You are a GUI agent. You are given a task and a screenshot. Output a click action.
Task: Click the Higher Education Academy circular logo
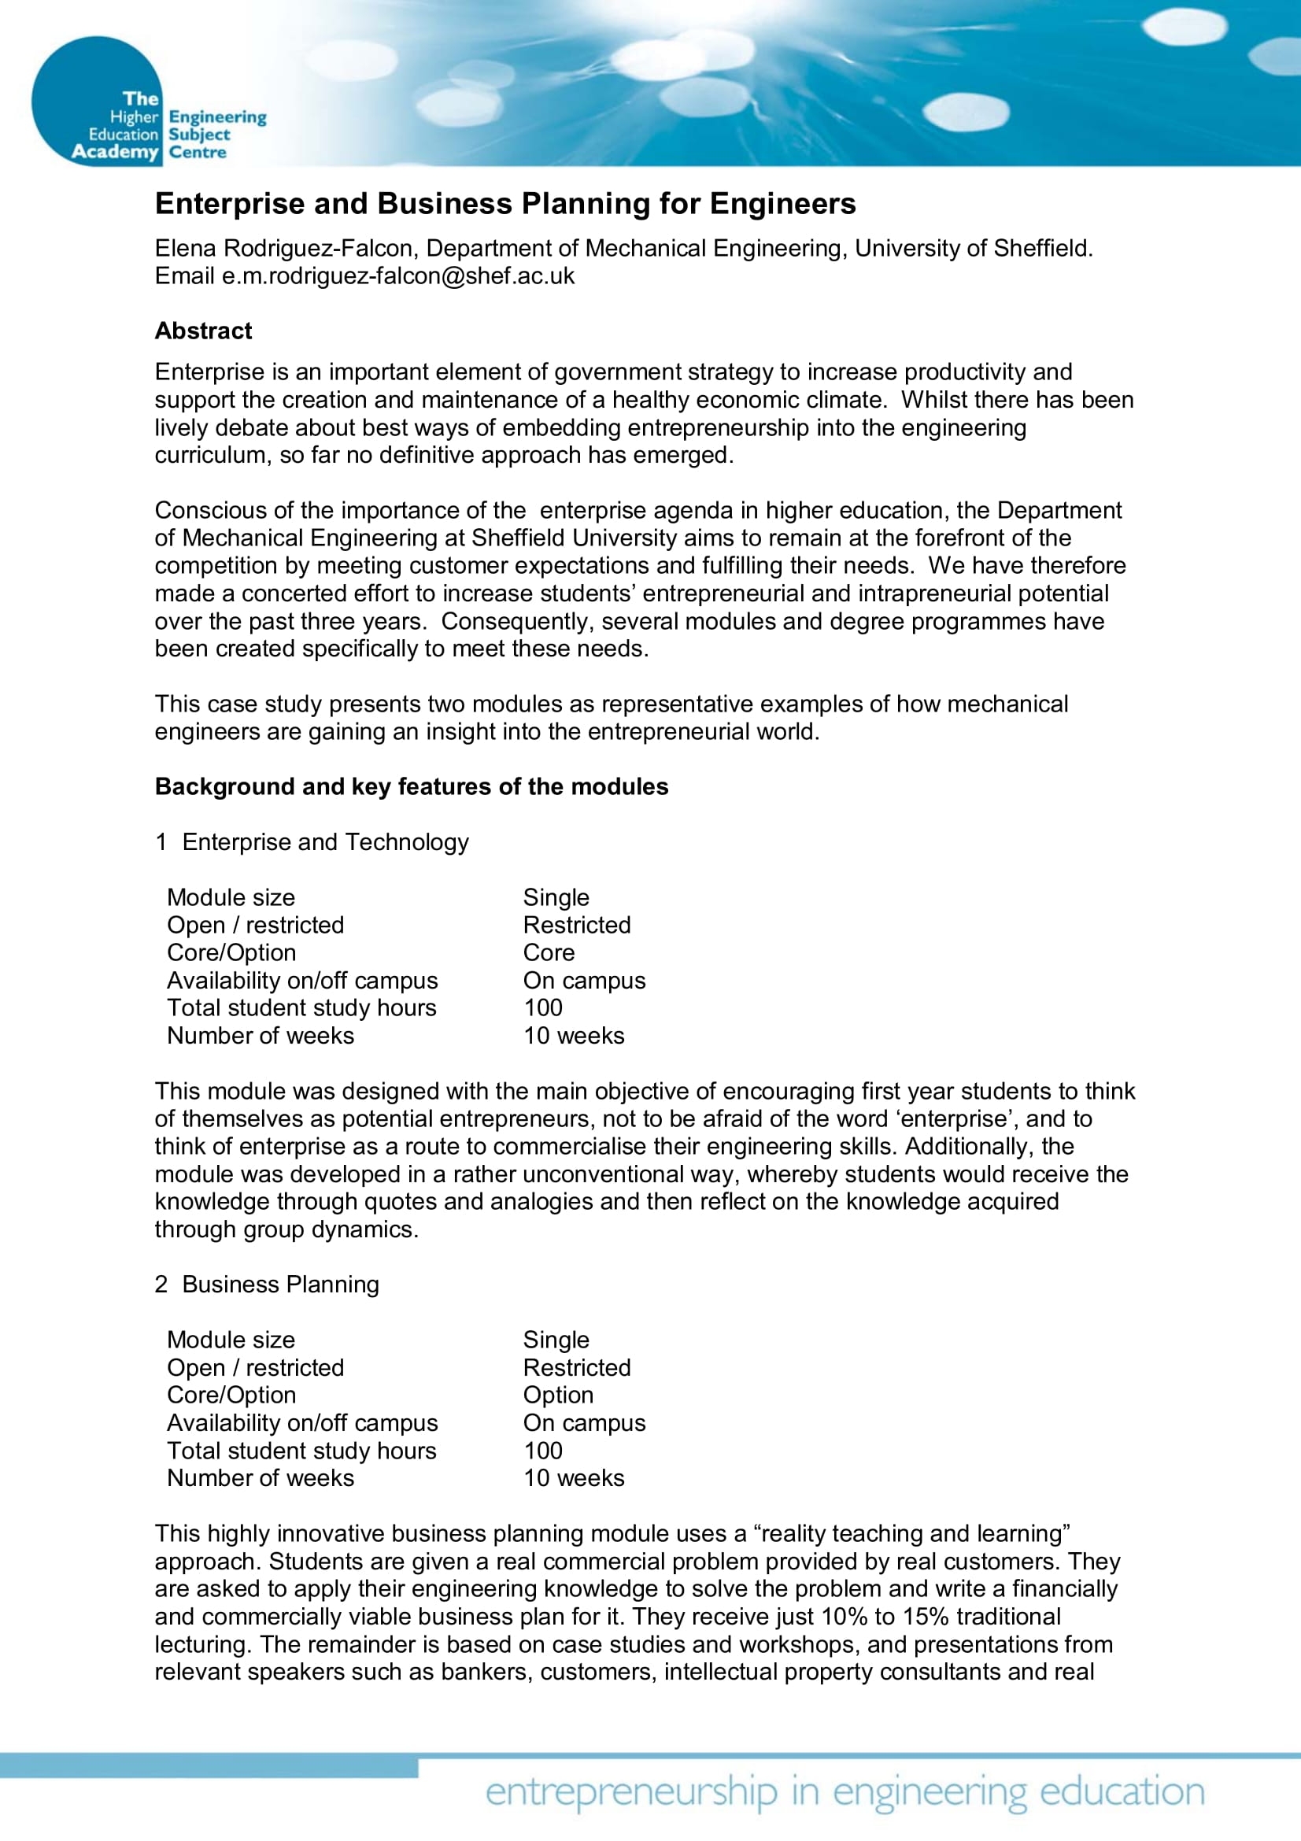(x=96, y=102)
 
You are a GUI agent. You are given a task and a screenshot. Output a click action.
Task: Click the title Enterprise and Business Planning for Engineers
(x=505, y=204)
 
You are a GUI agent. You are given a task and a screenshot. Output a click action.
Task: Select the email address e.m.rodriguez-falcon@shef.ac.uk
(x=397, y=275)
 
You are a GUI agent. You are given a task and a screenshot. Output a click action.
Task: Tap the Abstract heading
(x=203, y=331)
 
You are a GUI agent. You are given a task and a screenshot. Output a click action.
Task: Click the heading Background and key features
(x=411, y=786)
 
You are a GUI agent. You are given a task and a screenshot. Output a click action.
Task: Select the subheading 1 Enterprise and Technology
(x=312, y=842)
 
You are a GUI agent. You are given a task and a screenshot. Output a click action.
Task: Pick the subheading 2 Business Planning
(x=267, y=1285)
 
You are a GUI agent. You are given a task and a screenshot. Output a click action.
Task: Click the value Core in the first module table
(x=549, y=952)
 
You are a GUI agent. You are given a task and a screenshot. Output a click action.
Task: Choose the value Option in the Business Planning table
(x=558, y=1396)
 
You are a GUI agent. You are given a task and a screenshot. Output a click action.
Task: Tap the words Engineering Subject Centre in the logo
(x=216, y=135)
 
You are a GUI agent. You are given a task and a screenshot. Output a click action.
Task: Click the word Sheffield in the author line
(x=1042, y=249)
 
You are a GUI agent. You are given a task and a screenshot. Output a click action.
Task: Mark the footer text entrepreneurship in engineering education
(x=845, y=1792)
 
